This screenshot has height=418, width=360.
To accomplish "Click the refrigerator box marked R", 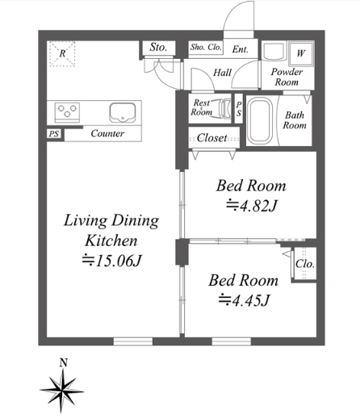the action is point(62,53).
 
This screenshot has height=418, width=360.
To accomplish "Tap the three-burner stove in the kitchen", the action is point(67,112).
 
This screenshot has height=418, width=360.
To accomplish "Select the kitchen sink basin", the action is point(123,112).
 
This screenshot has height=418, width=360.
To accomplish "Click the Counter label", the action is point(107,133).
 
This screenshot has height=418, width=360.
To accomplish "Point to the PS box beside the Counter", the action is point(54,134).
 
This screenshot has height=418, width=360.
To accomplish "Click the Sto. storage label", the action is point(158,48).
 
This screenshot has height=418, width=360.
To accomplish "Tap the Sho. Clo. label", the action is point(206,47).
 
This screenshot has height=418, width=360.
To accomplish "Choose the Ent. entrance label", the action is point(241,49).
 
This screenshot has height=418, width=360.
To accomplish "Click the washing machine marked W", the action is point(300,53).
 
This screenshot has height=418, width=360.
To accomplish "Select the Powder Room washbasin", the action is point(274,51).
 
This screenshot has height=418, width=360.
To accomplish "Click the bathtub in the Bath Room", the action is point(260,121).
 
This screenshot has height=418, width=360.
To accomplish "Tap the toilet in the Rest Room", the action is point(224,109).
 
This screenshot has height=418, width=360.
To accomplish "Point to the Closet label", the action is point(212,138).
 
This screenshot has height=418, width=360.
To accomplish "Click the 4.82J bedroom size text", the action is point(251,206).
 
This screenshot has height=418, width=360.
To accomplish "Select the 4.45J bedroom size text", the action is point(244,300).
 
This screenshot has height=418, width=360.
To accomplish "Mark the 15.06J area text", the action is point(111,261).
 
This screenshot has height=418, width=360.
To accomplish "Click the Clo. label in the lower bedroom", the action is point(305,264).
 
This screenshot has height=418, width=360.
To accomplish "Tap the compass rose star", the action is point(62,391).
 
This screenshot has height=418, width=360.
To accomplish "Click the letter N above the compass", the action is point(64,363).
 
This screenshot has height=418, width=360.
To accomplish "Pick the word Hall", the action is point(222,73).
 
